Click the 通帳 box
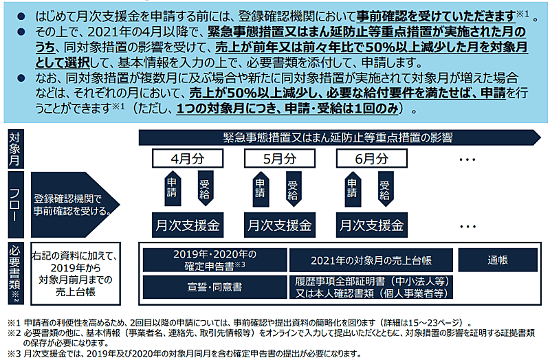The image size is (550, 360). click(497, 260)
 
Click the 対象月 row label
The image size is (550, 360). click(14, 147)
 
